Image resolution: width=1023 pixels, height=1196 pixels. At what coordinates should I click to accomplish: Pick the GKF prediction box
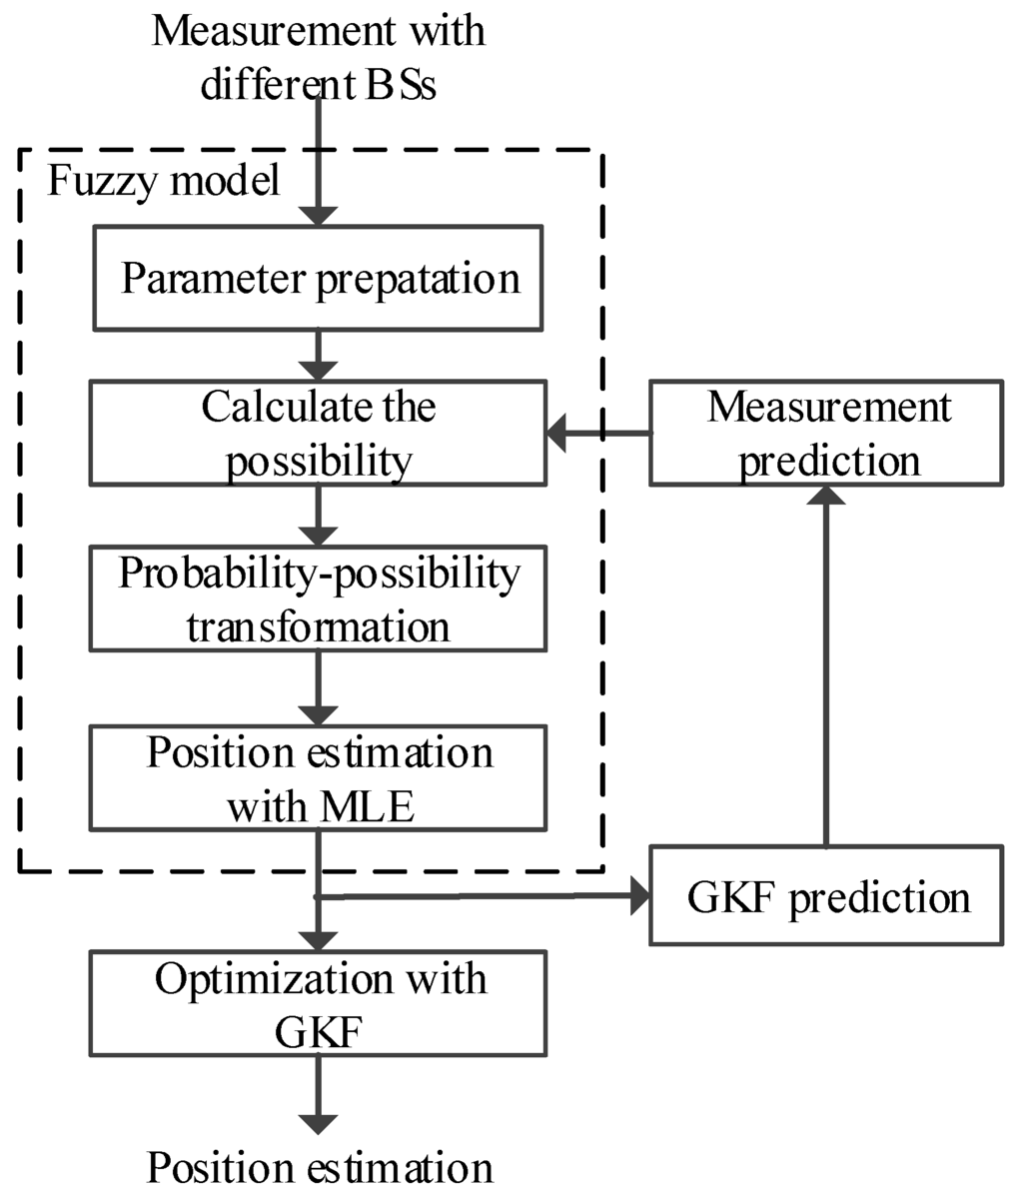(826, 895)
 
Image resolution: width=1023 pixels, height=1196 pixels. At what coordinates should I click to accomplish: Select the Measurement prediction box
(826, 433)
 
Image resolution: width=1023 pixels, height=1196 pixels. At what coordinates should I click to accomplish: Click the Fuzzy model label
(164, 182)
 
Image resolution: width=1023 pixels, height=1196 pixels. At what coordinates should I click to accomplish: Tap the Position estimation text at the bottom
(320, 1167)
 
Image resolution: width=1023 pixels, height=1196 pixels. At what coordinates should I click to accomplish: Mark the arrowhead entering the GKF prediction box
(639, 896)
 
